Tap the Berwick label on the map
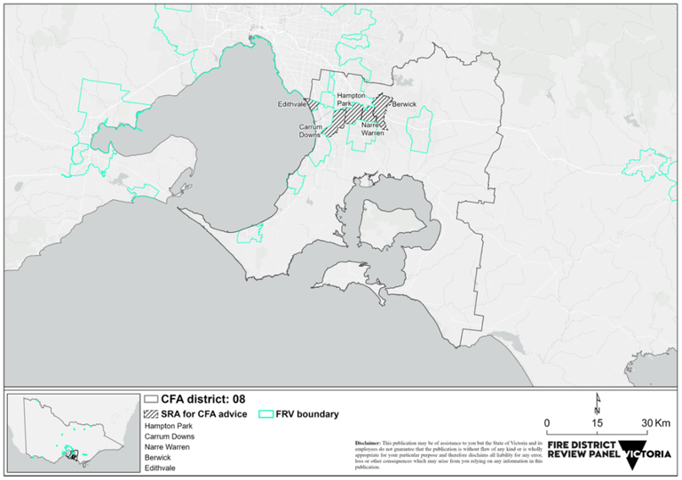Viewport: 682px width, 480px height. pyautogui.click(x=404, y=104)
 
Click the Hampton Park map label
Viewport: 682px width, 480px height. pyautogui.click(x=348, y=99)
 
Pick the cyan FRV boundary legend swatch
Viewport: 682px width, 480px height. pyautogui.click(x=264, y=414)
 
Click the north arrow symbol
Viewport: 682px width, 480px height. pyautogui.click(x=599, y=404)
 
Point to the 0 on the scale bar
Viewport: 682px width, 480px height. pyautogui.click(x=548, y=421)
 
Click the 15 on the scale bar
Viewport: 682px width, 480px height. pyautogui.click(x=599, y=421)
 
